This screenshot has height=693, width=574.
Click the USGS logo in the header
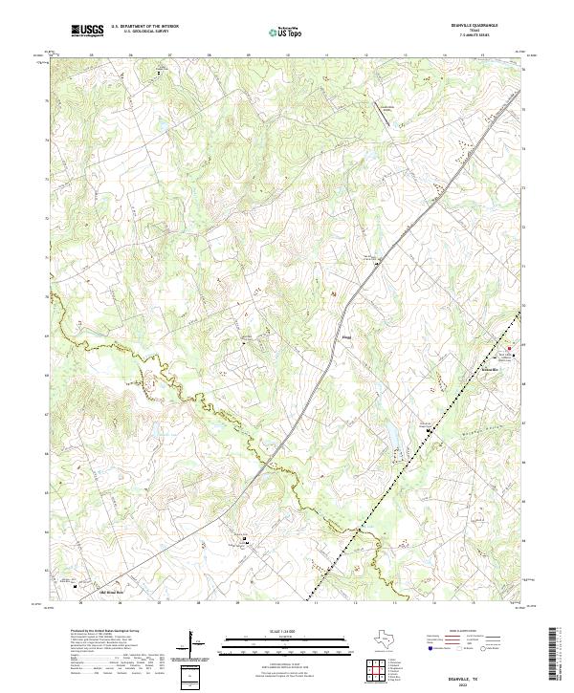(x=88, y=31)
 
